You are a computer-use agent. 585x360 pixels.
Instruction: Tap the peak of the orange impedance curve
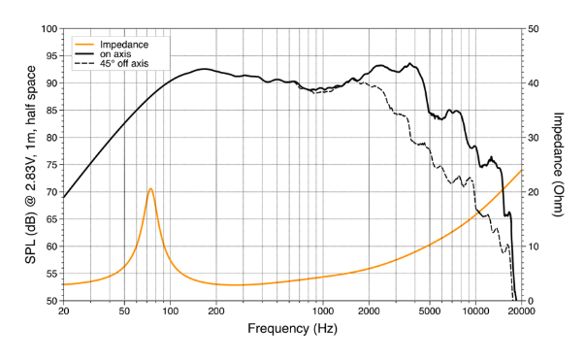click(150, 188)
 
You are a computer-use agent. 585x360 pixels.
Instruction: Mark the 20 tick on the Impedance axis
click(533, 192)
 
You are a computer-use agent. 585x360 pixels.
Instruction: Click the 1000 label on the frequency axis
click(323, 312)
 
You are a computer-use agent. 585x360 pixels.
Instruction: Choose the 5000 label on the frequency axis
click(430, 312)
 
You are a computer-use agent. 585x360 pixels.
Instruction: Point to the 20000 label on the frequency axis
click(522, 312)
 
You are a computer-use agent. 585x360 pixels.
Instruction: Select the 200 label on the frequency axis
click(216, 312)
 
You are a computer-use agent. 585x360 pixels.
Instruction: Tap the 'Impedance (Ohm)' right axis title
click(560, 164)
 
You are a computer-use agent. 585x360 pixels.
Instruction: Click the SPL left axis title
click(30, 164)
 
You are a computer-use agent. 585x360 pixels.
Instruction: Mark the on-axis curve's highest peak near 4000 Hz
click(411, 64)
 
